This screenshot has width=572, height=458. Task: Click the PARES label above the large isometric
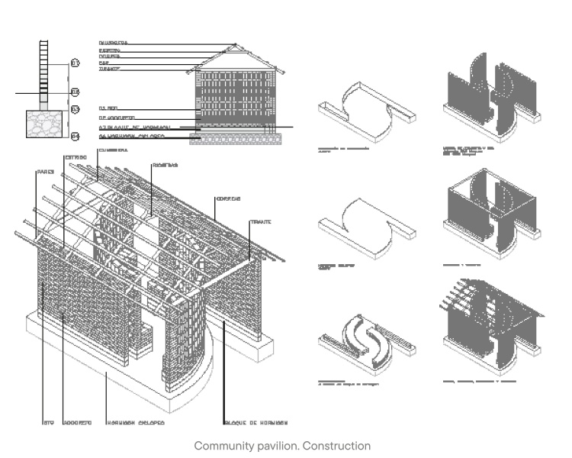pyautogui.click(x=44, y=172)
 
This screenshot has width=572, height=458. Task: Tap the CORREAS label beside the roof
pyautogui.click(x=227, y=198)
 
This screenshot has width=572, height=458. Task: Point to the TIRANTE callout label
pyautogui.click(x=261, y=221)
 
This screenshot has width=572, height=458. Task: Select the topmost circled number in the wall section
pyautogui.click(x=75, y=63)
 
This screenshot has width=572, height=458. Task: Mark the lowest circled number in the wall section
pyautogui.click(x=75, y=137)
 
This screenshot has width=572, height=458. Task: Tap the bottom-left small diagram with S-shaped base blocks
pyautogui.click(x=367, y=340)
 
